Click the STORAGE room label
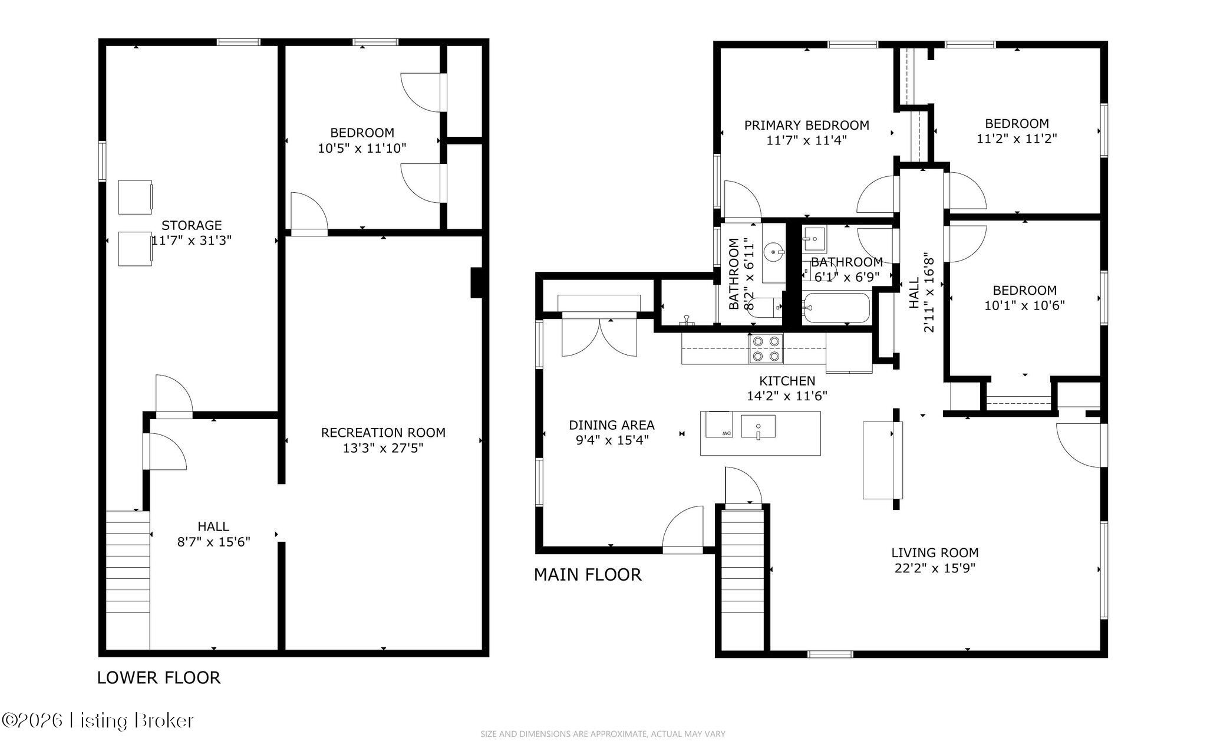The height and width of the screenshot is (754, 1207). click(192, 225)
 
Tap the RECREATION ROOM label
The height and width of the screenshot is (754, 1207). click(383, 433)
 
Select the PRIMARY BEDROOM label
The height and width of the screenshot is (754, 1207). click(806, 125)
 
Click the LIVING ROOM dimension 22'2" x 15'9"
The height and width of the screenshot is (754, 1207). click(935, 568)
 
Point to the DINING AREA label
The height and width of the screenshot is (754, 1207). click(612, 425)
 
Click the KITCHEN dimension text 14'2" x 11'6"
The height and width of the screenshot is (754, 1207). click(787, 396)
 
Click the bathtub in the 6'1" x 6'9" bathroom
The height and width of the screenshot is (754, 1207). click(836, 308)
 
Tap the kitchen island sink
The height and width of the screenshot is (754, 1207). click(758, 426)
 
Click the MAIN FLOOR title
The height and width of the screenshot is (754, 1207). click(588, 575)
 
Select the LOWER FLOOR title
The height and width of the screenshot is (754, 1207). click(159, 678)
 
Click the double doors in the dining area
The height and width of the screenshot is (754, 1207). click(599, 337)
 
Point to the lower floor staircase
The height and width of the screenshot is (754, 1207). click(128, 580)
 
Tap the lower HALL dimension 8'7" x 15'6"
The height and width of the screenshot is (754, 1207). click(214, 542)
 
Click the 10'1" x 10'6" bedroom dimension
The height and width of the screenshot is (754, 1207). click(1025, 305)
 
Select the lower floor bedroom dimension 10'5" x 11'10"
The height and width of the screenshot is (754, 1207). click(362, 148)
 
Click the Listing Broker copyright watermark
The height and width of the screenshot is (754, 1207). click(98, 720)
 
